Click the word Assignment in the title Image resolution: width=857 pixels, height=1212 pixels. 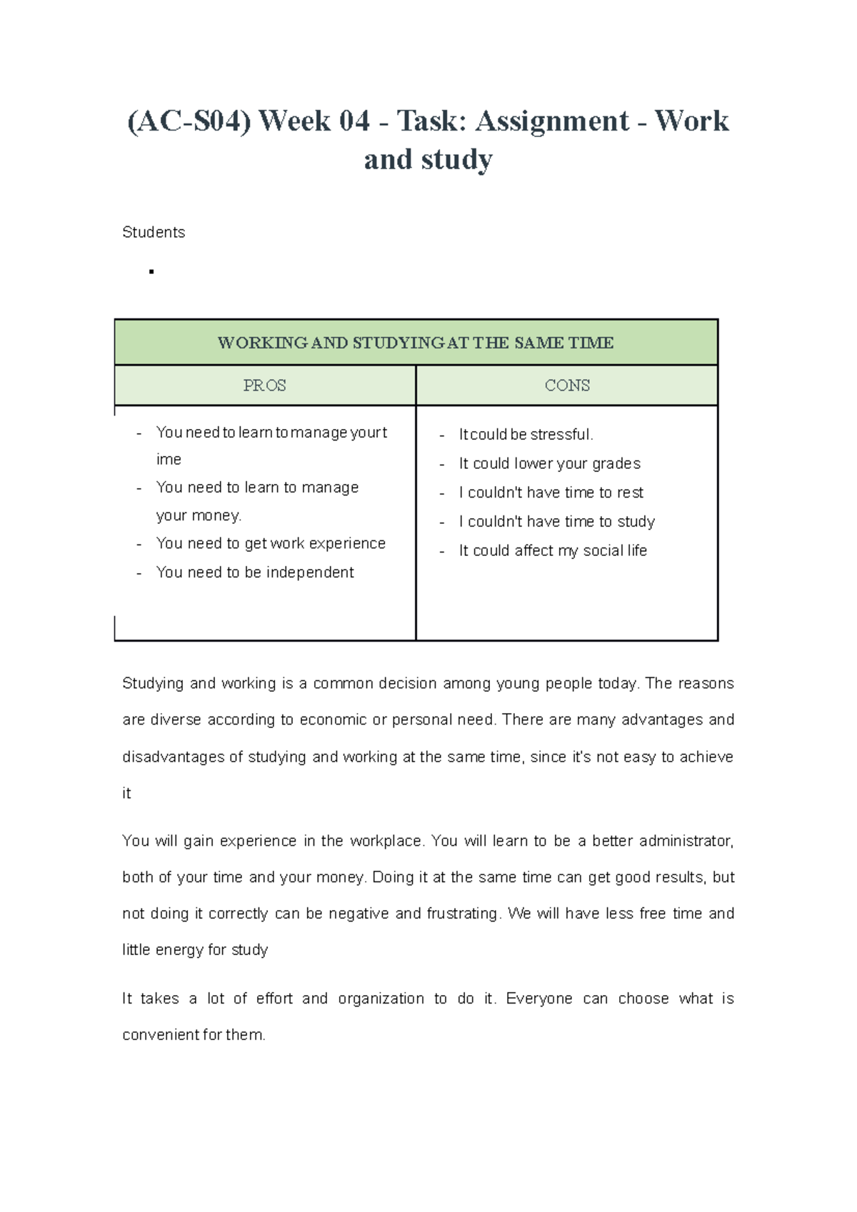pos(552,121)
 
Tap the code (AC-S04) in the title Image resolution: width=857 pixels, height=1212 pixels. pos(189,121)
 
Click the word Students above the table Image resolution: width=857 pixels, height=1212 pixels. pos(154,233)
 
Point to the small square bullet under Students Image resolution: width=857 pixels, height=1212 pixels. pos(151,272)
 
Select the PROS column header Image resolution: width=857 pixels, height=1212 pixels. pos(264,385)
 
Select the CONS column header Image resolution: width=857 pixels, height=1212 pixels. pos(567,385)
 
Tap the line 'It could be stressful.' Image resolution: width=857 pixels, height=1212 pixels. pos(526,435)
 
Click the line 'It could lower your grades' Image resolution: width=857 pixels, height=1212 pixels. pos(549,464)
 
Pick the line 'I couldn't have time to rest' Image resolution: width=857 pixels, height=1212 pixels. pos(551,493)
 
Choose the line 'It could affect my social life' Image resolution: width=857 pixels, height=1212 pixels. pos(553,551)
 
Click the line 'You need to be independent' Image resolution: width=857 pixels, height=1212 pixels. pos(255,572)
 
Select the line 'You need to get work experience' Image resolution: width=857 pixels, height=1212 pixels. pos(271,544)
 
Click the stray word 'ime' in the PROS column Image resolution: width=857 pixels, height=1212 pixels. pos(169,460)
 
